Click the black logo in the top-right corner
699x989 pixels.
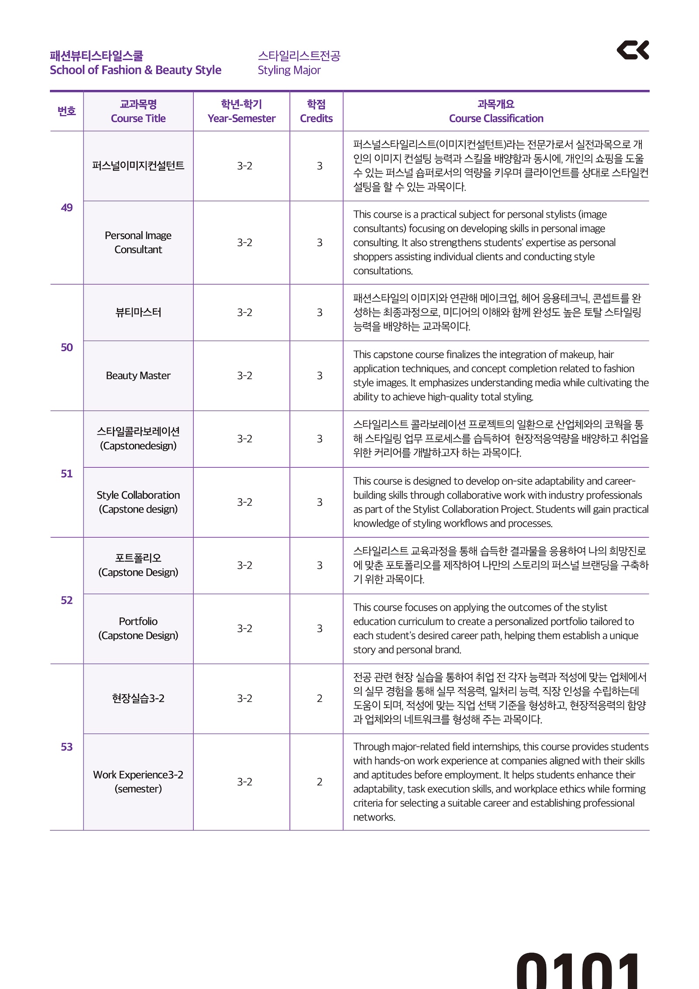(633, 50)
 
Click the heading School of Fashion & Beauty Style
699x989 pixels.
(135, 70)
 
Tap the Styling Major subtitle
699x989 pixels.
(289, 70)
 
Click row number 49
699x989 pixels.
(67, 208)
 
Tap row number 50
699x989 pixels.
(67, 347)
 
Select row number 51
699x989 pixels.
(67, 474)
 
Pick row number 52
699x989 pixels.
(67, 600)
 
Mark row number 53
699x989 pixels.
(67, 747)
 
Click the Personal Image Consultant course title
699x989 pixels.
(138, 243)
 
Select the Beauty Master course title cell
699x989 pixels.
(138, 375)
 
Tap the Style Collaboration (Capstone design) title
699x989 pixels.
(138, 502)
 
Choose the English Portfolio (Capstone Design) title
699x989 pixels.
(138, 628)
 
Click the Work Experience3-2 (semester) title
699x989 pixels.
(138, 782)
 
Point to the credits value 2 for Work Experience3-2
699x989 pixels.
(319, 782)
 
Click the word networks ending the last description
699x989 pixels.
(374, 817)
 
